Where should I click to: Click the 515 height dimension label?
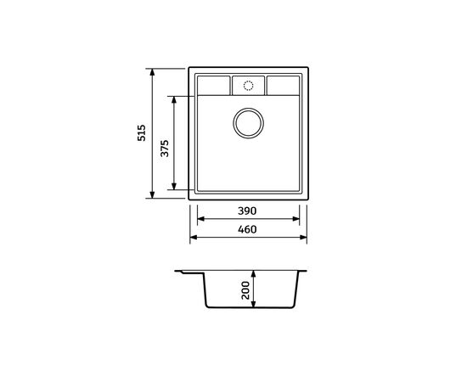(x=142, y=134)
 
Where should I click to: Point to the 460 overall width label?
(x=246, y=228)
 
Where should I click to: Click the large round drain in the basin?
(x=248, y=122)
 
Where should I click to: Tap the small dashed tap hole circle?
(x=248, y=86)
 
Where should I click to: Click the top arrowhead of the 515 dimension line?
(x=153, y=72)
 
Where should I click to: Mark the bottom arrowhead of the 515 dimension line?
(x=153, y=196)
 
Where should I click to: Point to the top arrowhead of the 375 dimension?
(x=175, y=98)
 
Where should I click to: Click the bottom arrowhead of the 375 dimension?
(x=175, y=187)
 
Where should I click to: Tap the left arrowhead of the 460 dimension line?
(x=192, y=237)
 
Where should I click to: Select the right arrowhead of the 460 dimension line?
(x=304, y=237)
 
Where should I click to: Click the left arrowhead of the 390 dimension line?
(x=200, y=218)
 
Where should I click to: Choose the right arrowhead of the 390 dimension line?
(x=296, y=218)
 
